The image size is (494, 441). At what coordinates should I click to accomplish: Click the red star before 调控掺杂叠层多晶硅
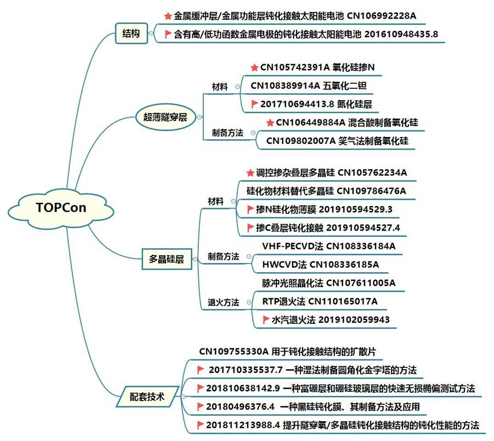[x=250, y=173]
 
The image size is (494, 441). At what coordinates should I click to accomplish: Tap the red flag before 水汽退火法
[x=266, y=319]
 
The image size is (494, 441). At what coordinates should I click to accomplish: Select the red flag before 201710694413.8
[x=254, y=103]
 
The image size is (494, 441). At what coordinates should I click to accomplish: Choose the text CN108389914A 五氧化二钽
[x=304, y=85]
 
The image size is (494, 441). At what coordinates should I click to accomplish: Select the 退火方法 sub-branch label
[x=223, y=302]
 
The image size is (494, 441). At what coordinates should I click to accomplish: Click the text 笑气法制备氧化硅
[x=373, y=141]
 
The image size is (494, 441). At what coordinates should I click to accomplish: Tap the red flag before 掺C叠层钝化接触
[x=250, y=227]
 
